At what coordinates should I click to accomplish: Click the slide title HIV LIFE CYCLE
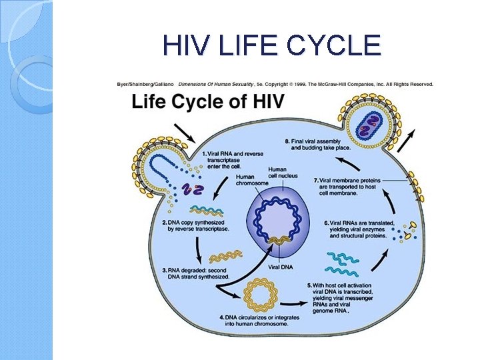271,45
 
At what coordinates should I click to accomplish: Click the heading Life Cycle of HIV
208,103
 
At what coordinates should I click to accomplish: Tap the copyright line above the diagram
275,84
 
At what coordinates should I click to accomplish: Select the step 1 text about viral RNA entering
235,159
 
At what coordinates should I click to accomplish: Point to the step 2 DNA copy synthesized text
197,225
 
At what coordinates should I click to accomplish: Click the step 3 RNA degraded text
196,273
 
